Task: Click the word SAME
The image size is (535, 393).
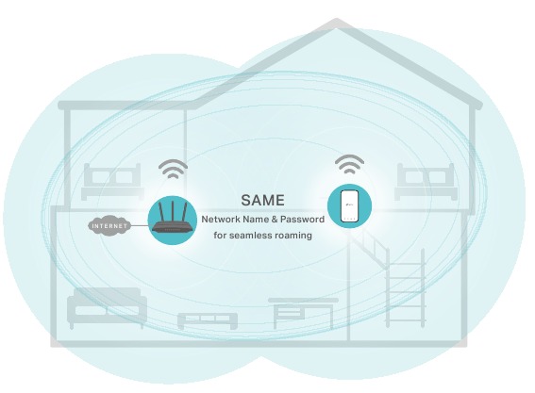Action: (262, 201)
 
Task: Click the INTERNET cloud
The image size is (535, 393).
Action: (109, 225)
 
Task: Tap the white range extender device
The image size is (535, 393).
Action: (349, 205)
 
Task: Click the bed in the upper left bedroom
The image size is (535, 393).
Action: (112, 181)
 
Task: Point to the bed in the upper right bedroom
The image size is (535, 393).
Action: (426, 181)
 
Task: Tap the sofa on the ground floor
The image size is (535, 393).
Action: (108, 308)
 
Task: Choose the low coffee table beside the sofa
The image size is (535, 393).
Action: (208, 320)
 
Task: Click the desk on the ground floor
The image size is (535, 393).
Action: (303, 313)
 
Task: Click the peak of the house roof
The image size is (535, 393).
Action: (336, 20)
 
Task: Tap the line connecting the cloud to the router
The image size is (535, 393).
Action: (140, 225)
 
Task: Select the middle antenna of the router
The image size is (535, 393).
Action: (173, 212)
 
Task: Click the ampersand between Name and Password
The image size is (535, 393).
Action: (275, 220)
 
